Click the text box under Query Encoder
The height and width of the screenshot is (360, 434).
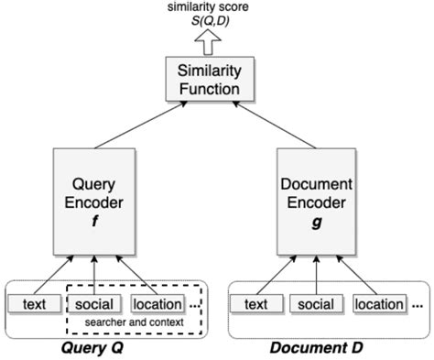point(35,303)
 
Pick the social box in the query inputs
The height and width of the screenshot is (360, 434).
point(94,303)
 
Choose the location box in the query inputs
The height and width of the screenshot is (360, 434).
point(157,303)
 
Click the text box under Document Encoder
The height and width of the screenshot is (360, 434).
point(255,304)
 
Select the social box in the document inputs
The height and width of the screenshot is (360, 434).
point(315,304)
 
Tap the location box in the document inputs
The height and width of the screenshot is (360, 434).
point(378,304)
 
